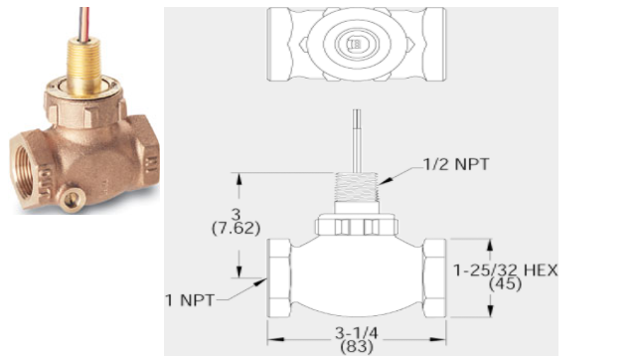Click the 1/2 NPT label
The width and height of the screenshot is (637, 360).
pos(456,164)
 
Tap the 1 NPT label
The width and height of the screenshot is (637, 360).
pos(190,300)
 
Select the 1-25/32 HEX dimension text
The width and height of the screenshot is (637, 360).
pos(505,270)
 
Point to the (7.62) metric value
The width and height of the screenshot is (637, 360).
pos(236,229)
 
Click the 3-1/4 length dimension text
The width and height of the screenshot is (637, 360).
pos(357,333)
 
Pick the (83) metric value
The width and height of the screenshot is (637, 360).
pos(357,347)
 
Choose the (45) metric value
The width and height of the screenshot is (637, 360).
pos(505,284)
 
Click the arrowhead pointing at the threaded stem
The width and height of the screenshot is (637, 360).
pos(386,181)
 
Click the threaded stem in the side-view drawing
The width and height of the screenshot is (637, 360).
pos(357,187)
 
